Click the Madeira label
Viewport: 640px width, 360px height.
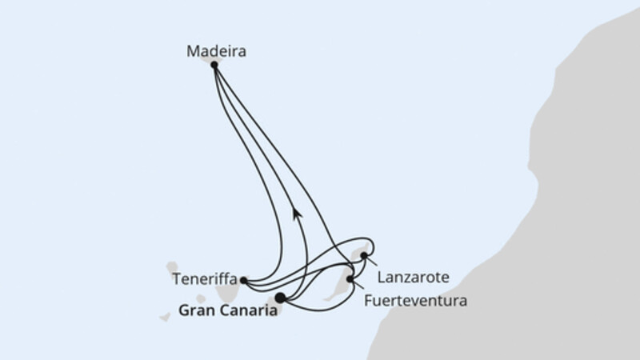tap(216, 51)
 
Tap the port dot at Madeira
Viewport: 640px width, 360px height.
tap(214, 65)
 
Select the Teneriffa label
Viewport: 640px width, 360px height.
tap(205, 279)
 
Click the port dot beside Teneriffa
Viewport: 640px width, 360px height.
tap(244, 281)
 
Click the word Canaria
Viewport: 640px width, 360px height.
tap(247, 310)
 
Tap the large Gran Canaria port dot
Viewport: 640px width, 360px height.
tap(280, 298)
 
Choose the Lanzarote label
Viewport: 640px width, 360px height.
tap(413, 278)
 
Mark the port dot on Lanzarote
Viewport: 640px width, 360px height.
tap(364, 256)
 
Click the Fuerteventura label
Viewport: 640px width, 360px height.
tap(415, 302)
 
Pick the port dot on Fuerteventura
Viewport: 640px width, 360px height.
tap(350, 279)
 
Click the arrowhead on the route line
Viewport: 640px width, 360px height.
tap(297, 213)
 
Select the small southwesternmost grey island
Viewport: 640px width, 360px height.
tap(165, 317)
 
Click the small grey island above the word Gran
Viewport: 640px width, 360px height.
tap(201, 298)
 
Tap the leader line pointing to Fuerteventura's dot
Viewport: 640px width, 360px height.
tap(358, 285)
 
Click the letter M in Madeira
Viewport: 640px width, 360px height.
tap(193, 51)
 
